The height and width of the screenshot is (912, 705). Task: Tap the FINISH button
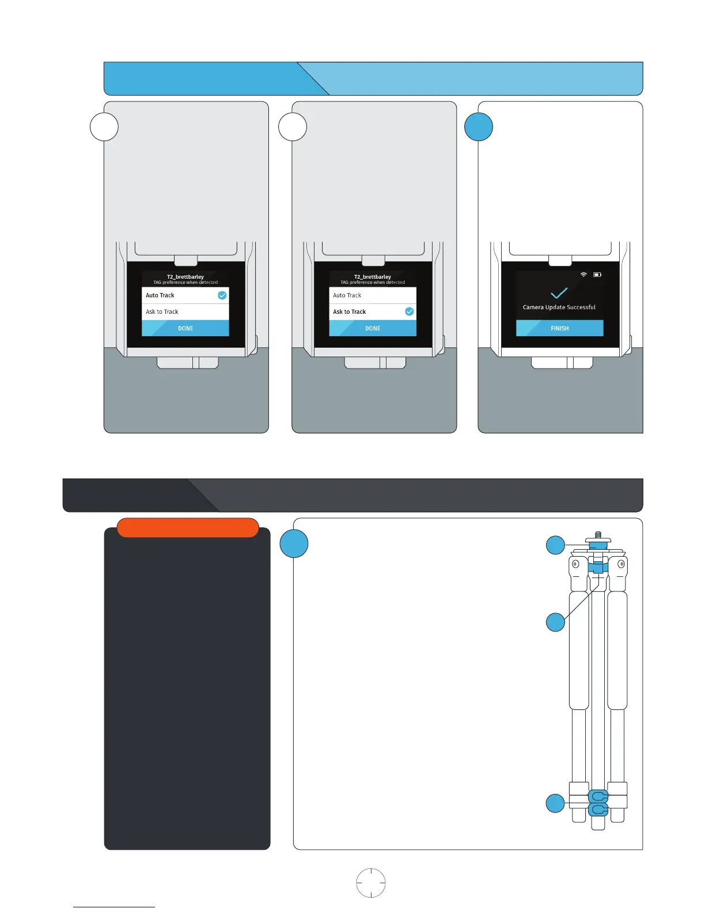click(x=559, y=328)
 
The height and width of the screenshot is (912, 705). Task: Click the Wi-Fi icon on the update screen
click(x=583, y=275)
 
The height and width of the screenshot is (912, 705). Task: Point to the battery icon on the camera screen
click(x=597, y=275)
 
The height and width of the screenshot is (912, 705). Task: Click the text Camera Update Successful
click(x=559, y=307)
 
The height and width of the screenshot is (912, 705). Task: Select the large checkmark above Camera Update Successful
click(x=559, y=292)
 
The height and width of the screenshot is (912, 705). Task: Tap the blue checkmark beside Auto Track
click(x=222, y=295)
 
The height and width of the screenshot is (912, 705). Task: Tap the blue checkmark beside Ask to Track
click(x=409, y=311)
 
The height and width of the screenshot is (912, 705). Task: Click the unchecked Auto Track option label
click(x=347, y=295)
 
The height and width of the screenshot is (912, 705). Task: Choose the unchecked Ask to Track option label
click(x=162, y=311)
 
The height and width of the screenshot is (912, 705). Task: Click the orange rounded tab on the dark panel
click(x=187, y=527)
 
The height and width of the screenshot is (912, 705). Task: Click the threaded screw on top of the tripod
click(x=598, y=535)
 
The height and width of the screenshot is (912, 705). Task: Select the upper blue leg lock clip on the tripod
click(x=598, y=796)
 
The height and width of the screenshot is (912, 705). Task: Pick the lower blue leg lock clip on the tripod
click(x=598, y=810)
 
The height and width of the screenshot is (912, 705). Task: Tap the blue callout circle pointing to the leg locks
click(x=555, y=803)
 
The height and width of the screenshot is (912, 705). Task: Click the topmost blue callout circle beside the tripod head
click(x=555, y=545)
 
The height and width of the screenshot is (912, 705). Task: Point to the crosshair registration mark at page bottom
click(x=370, y=883)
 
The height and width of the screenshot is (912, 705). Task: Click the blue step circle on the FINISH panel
click(x=479, y=127)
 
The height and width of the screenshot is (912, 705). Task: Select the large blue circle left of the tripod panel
click(x=294, y=544)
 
